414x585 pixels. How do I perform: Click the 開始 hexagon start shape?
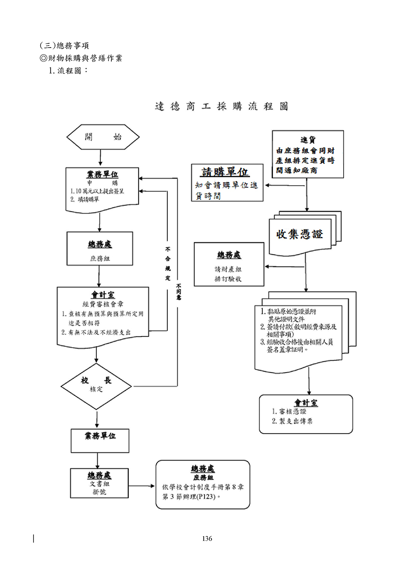[x=103, y=137]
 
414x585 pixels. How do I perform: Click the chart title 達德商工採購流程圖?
[x=221, y=106]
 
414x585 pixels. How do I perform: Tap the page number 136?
[x=207, y=538]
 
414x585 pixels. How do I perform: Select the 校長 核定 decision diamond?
[x=96, y=386]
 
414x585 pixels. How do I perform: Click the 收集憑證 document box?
[x=300, y=235]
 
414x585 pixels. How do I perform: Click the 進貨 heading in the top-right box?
[x=308, y=140]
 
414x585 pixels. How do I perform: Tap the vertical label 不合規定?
[x=168, y=264]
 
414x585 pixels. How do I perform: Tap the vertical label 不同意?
[x=178, y=291]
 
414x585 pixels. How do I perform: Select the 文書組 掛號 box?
[x=99, y=483]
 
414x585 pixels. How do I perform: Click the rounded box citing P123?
[x=203, y=484]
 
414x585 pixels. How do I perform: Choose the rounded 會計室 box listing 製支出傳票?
[x=306, y=414]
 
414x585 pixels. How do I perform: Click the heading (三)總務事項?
[x=64, y=45]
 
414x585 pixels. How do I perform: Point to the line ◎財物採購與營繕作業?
[x=81, y=58]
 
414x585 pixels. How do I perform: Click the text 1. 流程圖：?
[x=68, y=70]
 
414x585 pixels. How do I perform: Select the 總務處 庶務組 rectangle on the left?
[x=100, y=248]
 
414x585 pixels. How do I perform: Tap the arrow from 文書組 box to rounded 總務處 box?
[x=142, y=486]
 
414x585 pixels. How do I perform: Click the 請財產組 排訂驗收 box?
[x=229, y=264]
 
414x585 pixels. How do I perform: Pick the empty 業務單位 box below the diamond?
[x=100, y=441]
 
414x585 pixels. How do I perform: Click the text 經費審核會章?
[x=103, y=304]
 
